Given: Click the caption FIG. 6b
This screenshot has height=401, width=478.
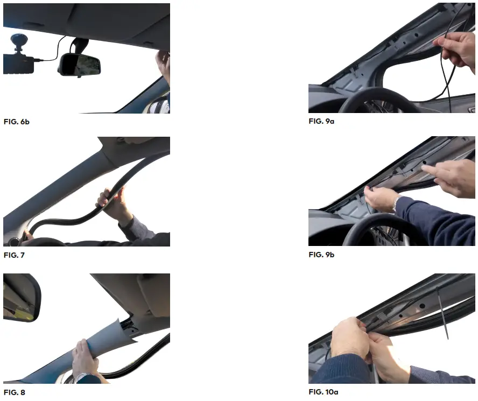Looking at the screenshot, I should [x=16, y=122].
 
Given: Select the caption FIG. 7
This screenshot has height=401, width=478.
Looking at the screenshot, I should [x=14, y=255].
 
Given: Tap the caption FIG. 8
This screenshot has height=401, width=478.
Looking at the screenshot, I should [x=14, y=392].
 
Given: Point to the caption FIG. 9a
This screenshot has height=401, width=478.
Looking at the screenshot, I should [x=321, y=122].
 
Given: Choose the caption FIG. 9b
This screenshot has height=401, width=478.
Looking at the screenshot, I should [x=321, y=255].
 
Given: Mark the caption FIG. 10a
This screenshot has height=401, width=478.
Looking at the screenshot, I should [x=324, y=392].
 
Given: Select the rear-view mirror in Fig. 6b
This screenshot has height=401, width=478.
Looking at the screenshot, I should [x=80, y=64].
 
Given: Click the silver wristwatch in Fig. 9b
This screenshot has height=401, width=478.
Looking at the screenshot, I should [x=397, y=203].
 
